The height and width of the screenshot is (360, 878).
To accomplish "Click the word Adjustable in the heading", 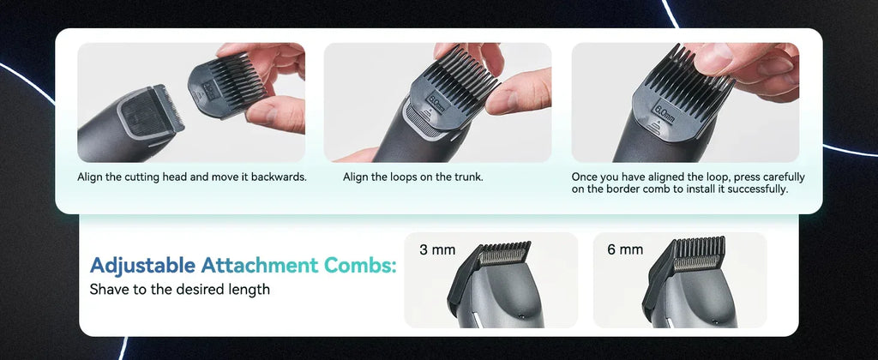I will [x=142, y=266].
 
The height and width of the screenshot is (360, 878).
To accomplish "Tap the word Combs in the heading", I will [x=362, y=266].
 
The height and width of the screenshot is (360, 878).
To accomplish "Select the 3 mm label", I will [x=436, y=250].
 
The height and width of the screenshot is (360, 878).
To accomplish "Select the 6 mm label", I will [x=625, y=250].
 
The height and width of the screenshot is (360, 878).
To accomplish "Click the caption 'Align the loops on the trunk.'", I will [x=413, y=177].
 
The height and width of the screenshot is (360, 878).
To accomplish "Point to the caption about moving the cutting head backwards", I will [x=192, y=177].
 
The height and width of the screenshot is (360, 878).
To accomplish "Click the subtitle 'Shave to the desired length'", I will [x=179, y=290].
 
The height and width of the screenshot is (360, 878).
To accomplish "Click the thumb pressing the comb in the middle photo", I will [x=520, y=93].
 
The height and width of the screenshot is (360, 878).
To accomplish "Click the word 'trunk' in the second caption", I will [x=467, y=177].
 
